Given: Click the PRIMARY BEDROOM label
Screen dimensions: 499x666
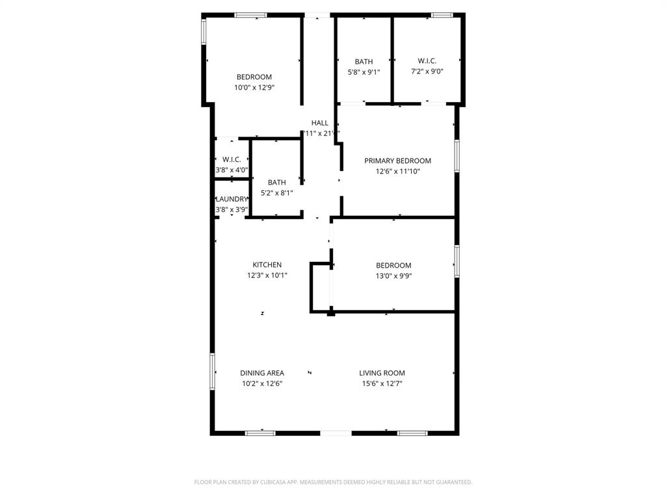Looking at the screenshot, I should tap(397, 161).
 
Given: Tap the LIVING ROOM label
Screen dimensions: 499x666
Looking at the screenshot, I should tap(382, 373).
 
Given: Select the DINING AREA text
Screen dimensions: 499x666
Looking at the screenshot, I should tap(261, 373).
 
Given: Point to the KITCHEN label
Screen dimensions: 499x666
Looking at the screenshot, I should tap(267, 264).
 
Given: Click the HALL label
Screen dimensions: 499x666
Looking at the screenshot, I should tap(319, 123).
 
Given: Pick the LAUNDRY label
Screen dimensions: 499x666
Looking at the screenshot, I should tap(232, 199).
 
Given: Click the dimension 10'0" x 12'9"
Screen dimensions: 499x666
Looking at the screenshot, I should tap(254, 87).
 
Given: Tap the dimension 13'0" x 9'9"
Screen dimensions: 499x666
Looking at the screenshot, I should tap(393, 275).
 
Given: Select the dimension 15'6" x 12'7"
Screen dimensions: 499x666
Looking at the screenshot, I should tap(382, 383).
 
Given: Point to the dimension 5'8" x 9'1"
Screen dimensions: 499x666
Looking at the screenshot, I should tap(364, 72).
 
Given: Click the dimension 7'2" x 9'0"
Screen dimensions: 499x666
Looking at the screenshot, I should tap(427, 71).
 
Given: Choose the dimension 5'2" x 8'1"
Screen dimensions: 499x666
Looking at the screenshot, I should tap(276, 193).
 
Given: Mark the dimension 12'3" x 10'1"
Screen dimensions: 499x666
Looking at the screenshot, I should tap(267, 275).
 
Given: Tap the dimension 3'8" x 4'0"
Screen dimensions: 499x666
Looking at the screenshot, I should tap(232, 170).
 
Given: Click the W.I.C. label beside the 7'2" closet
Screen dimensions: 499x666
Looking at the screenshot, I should tap(427, 61).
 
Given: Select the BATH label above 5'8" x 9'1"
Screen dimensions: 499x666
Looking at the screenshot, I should tap(364, 62).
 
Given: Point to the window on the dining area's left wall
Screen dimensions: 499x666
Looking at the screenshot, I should tap(212, 372).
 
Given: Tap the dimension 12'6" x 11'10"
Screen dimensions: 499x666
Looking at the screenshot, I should tap(397, 172).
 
